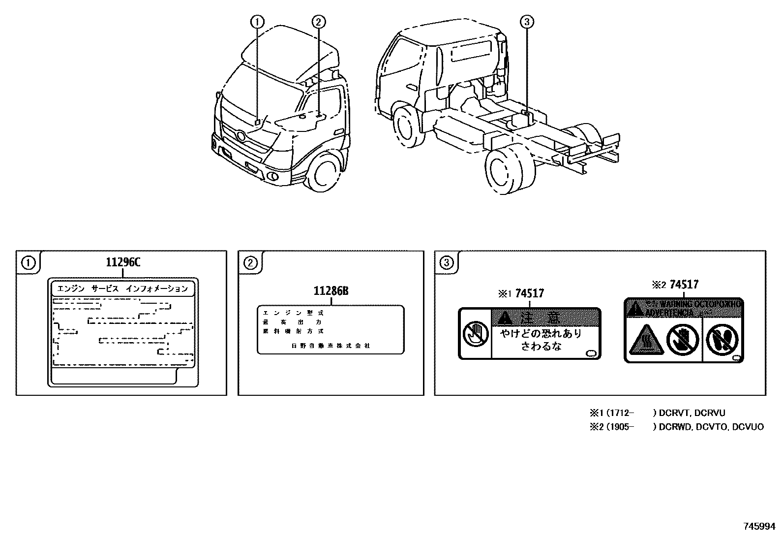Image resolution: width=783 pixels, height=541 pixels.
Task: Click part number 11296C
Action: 123,262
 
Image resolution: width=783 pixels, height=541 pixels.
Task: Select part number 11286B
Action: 331,291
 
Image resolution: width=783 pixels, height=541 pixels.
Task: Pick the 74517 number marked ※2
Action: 684,285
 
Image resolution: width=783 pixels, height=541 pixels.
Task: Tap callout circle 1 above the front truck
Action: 257,21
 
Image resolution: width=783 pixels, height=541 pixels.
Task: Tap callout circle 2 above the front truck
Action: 318,21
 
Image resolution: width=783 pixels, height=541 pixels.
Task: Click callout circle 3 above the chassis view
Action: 527,21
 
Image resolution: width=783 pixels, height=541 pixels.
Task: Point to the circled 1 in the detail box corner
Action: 29,263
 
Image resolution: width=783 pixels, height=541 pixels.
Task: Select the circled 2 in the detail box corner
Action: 250,263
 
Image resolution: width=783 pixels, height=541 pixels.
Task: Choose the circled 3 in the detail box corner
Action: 446,263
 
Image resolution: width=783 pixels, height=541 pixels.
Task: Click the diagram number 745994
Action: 758,526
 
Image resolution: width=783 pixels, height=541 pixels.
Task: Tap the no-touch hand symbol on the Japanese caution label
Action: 475,334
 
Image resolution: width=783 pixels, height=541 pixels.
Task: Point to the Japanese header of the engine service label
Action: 123,289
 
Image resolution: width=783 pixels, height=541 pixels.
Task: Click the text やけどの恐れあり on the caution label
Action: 541,334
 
